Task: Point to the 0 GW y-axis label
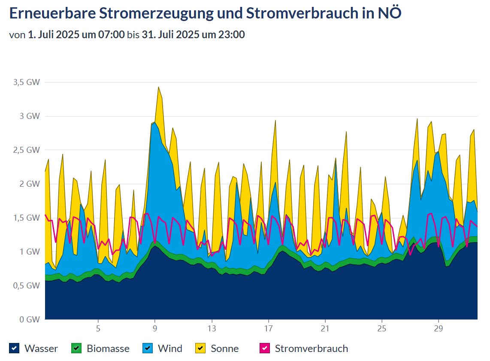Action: click(30, 319)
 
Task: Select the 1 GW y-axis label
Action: click(30, 252)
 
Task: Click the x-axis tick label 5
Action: click(98, 329)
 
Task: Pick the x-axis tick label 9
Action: click(155, 329)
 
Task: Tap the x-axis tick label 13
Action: click(212, 329)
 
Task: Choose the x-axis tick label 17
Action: click(268, 329)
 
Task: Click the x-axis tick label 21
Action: click(325, 329)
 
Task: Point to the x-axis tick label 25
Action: click(382, 329)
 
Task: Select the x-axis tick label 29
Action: click(439, 329)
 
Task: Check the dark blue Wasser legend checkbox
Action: click(14, 348)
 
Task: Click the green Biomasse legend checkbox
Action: click(76, 348)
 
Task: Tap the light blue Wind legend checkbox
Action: click(148, 348)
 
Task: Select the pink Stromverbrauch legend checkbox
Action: click(265, 348)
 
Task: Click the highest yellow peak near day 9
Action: click(158, 87)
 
